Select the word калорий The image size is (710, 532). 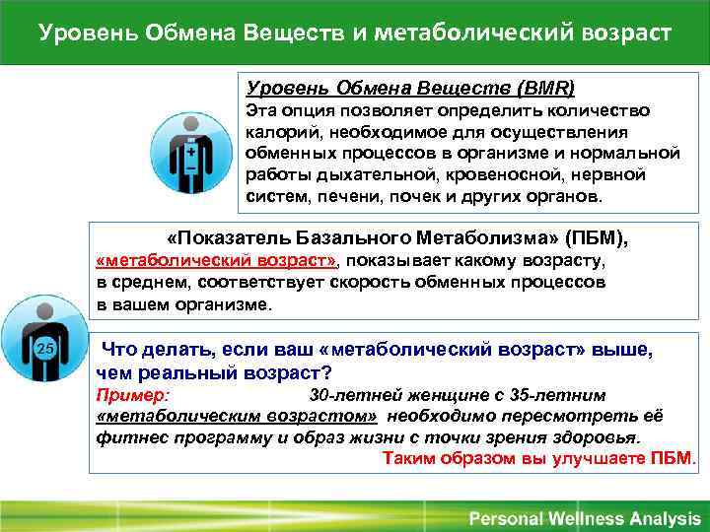[x=278, y=131]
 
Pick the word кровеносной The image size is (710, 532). [x=486, y=174]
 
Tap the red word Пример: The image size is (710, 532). [x=133, y=395]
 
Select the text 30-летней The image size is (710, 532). [x=350, y=395]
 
